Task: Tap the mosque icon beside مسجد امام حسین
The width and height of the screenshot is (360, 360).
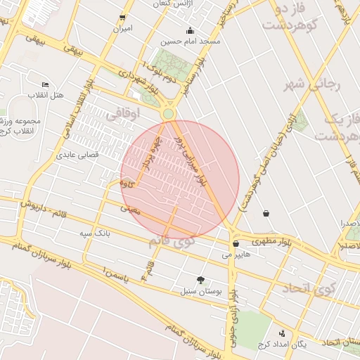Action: (190, 31)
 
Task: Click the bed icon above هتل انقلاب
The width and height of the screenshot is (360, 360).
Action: (46, 84)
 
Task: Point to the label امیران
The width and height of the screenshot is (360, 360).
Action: (123, 30)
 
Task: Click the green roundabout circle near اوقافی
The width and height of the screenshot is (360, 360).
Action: (168, 114)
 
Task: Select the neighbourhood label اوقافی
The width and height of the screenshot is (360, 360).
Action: (124, 112)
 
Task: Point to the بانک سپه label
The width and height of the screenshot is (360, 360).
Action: (95, 232)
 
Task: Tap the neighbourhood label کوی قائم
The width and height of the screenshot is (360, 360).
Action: (172, 241)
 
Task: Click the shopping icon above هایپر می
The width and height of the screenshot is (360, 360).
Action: (236, 244)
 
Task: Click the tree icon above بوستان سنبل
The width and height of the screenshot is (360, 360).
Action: (201, 280)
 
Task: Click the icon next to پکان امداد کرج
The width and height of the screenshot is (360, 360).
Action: (282, 334)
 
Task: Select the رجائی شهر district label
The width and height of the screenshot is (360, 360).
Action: (312, 85)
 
